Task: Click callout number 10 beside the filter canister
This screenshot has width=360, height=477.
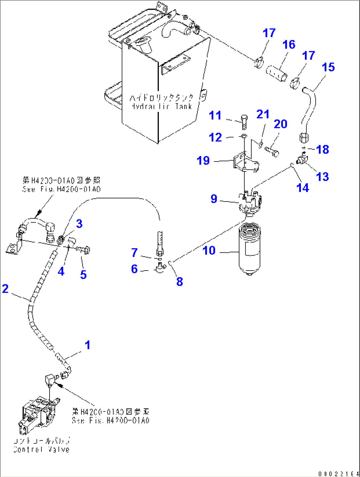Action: click(x=209, y=250)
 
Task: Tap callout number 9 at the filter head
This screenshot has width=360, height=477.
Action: click(x=214, y=199)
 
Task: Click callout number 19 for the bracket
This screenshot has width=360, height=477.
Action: click(x=203, y=161)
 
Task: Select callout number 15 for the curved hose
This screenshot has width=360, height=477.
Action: click(x=328, y=67)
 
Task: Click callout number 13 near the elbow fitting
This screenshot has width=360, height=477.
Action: click(x=322, y=176)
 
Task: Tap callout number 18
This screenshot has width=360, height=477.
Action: click(x=322, y=149)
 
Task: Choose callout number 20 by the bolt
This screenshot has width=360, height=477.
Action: click(x=280, y=124)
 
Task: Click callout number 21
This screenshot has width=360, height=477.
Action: click(x=263, y=114)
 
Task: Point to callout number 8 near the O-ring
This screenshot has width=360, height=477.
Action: click(x=179, y=281)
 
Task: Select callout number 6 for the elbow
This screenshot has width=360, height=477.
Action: click(x=134, y=269)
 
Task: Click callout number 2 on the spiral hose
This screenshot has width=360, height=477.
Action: click(x=5, y=288)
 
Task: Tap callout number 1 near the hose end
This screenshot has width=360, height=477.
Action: click(x=87, y=345)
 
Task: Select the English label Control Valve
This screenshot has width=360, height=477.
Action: click(x=41, y=450)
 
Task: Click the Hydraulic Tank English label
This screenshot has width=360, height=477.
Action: click(x=161, y=106)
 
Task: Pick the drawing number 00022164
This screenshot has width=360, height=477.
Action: click(x=339, y=474)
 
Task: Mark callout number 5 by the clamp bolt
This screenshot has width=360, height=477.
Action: click(x=83, y=274)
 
